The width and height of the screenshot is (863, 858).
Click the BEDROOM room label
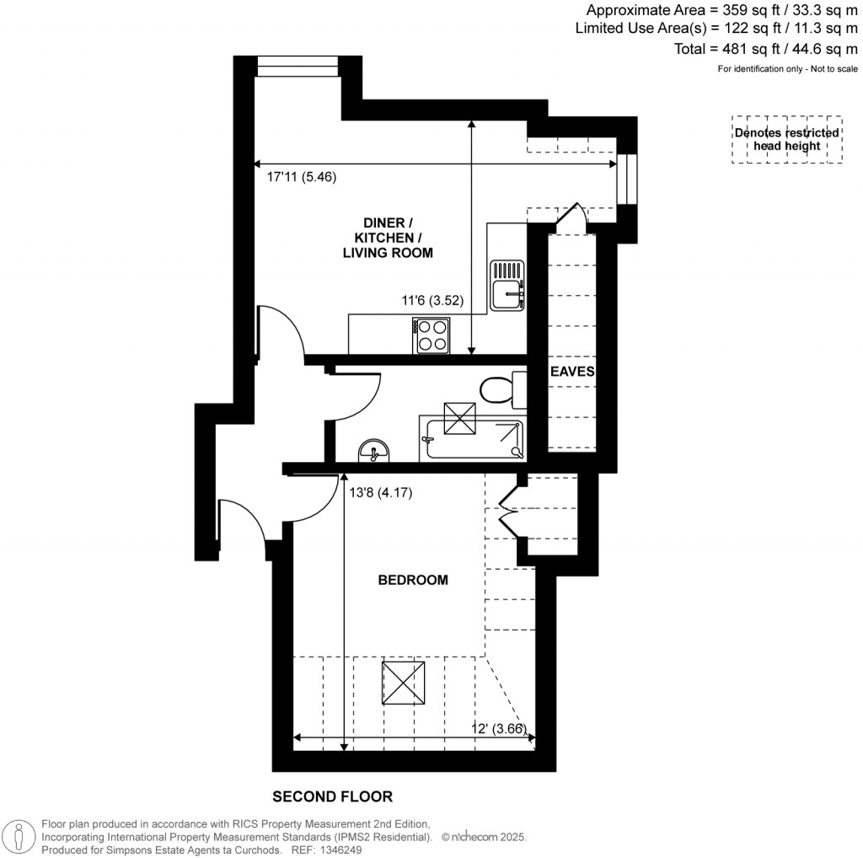[412, 580]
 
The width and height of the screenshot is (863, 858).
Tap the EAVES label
[572, 371]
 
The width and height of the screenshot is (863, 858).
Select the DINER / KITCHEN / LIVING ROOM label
[393, 238]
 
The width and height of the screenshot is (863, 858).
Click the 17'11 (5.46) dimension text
[301, 178]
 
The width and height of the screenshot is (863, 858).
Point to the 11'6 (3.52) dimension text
[431, 300]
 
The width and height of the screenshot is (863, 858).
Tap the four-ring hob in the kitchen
[431, 335]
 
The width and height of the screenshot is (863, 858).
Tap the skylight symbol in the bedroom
[403, 684]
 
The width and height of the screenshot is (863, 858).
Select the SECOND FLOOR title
[332, 796]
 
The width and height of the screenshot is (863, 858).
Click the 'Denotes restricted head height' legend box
[786, 140]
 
